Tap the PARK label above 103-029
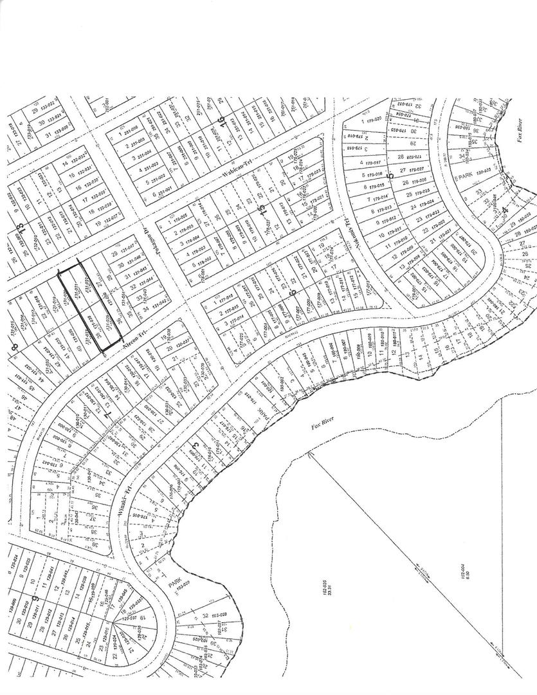pos(172,584)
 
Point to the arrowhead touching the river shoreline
pos(311,453)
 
